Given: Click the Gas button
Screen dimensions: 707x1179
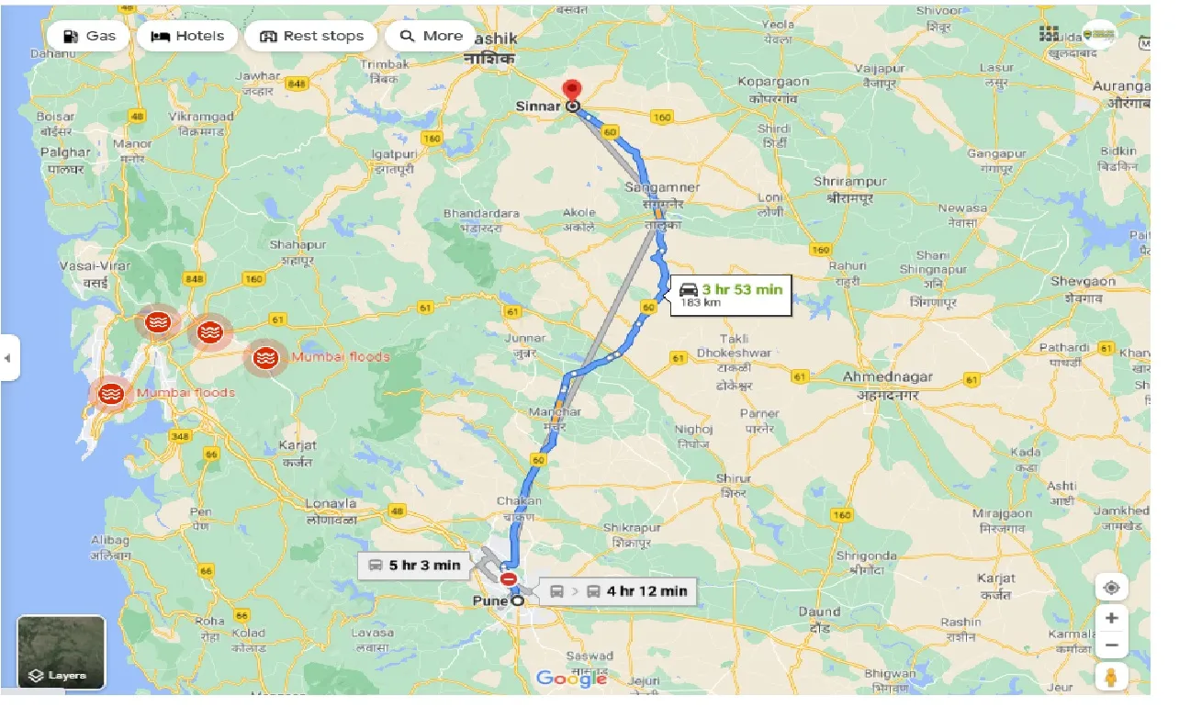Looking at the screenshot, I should [x=90, y=36].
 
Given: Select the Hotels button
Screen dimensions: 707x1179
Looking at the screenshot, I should [x=187, y=36].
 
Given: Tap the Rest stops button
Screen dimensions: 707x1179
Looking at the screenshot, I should [x=311, y=36].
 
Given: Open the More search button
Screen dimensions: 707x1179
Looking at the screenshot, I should [x=431, y=36].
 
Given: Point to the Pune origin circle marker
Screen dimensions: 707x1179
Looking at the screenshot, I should [x=518, y=600].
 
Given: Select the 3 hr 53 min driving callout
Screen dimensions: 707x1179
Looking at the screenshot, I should [x=731, y=294].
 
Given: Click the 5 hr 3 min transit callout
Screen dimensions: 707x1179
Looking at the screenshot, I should [x=414, y=565].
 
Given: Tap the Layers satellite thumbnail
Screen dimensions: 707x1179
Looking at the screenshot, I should [x=62, y=652].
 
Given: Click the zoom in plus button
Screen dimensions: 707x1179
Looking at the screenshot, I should [x=1111, y=619].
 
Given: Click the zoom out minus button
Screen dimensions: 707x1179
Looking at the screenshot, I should [x=1111, y=645].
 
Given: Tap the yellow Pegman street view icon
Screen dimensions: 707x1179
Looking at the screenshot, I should [x=1111, y=677].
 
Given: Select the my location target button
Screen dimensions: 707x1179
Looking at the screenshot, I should [x=1111, y=588].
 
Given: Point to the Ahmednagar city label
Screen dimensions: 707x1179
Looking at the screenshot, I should [x=887, y=376].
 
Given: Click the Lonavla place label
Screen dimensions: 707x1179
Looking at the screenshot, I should [x=331, y=504].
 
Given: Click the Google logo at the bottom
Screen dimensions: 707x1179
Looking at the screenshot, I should [x=571, y=679].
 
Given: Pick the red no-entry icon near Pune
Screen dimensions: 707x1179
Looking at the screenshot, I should [x=508, y=578].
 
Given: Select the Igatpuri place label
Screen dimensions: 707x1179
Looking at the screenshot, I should [x=395, y=153].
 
